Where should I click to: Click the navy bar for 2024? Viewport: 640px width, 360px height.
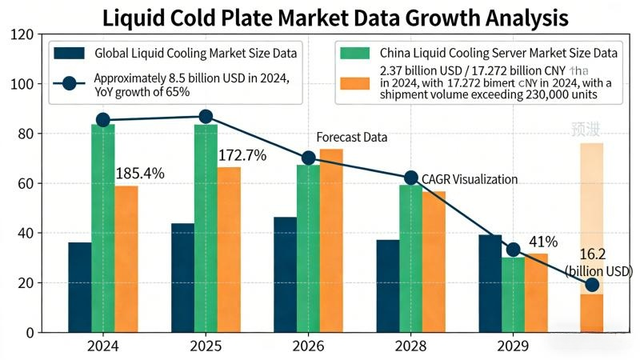point(79,286)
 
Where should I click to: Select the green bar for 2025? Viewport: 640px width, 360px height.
point(206,228)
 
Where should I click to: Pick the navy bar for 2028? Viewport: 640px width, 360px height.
point(388,286)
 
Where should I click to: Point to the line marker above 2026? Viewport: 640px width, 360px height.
point(309,158)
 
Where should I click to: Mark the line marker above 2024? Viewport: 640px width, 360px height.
point(103,120)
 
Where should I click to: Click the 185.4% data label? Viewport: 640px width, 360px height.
point(140,172)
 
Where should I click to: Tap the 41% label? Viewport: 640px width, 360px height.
point(543,242)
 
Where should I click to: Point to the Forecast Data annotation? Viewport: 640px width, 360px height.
point(351,138)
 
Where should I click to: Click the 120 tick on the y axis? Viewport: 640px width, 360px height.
point(23,34)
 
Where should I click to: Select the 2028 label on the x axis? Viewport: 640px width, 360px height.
point(410,346)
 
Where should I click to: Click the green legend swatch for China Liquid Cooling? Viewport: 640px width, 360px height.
point(355,54)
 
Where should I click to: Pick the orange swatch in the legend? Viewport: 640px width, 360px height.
point(355,82)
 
